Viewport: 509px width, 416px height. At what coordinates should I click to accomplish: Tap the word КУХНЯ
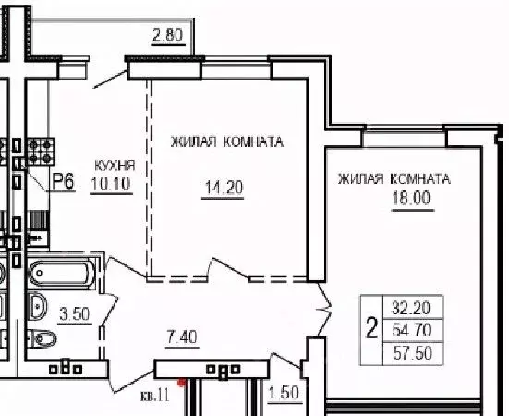(x=114, y=165)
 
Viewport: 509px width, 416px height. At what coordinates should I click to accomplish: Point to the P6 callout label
(x=63, y=181)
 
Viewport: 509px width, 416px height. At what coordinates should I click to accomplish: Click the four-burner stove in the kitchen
(x=42, y=150)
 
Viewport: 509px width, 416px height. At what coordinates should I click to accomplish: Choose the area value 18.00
(x=410, y=196)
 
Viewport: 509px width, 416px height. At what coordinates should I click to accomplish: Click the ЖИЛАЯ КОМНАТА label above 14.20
(x=225, y=142)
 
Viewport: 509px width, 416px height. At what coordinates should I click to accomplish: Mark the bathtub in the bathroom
(x=62, y=274)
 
